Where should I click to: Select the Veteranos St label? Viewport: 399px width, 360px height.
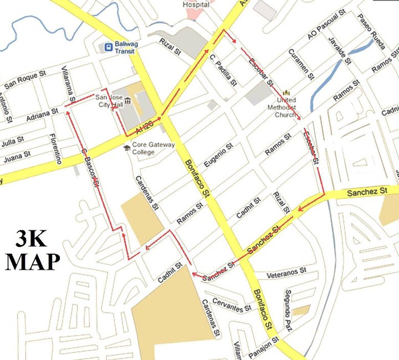pyautogui.click(x=286, y=272)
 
